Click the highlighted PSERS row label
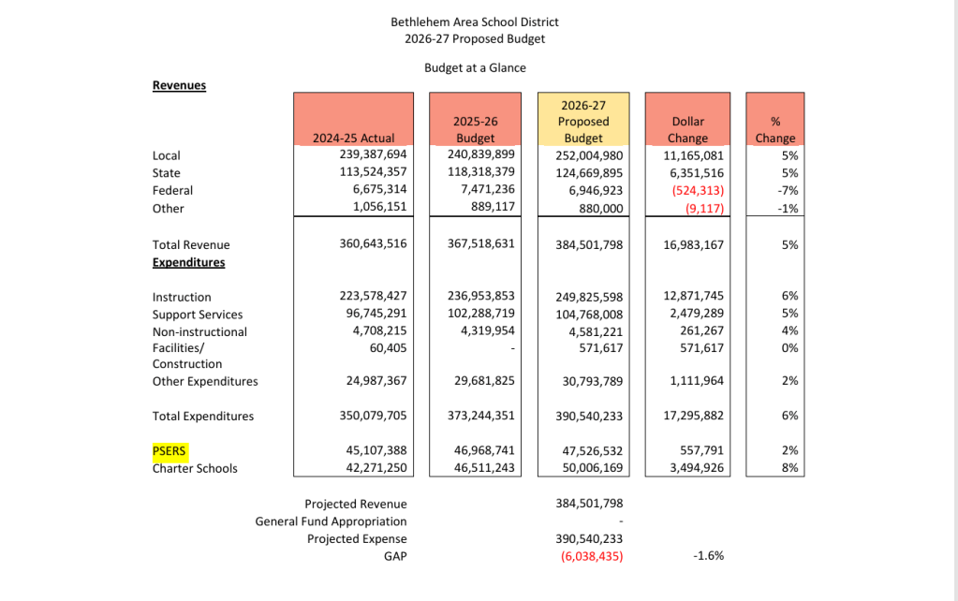[x=169, y=451]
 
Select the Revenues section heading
[x=179, y=85]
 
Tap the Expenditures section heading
[x=189, y=263]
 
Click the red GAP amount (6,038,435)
[x=592, y=556]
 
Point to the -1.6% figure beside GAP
[x=709, y=556]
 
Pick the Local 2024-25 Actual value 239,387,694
[x=374, y=154]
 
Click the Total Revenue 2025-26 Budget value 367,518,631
[x=480, y=243]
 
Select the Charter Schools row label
[x=195, y=468]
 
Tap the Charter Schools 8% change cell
[x=790, y=468]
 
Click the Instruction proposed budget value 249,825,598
[x=589, y=298]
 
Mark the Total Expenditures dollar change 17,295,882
[x=694, y=416]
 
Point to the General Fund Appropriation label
[x=332, y=521]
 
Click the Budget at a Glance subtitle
[x=476, y=67]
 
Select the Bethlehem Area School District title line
[x=475, y=22]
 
